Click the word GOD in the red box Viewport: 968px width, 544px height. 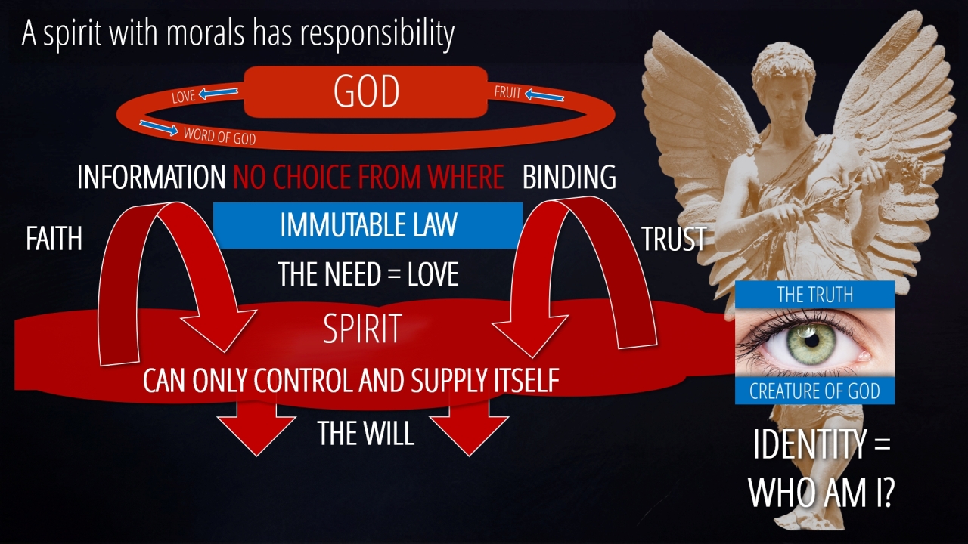[367, 91]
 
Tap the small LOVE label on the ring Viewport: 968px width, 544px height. [184, 96]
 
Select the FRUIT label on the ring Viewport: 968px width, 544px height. [507, 91]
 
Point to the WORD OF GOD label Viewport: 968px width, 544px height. [219, 136]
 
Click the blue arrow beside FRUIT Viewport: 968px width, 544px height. [544, 95]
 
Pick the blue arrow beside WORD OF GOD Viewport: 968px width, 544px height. [159, 128]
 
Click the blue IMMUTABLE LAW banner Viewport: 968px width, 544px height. [368, 225]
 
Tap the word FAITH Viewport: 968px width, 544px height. [54, 239]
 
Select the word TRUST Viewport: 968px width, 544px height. [674, 239]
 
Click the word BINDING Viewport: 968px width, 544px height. [569, 177]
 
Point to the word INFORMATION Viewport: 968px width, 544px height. [151, 177]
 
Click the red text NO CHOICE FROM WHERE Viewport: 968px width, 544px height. [368, 177]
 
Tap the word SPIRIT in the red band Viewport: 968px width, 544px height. [362, 329]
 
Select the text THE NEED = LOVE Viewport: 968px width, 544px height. [368, 274]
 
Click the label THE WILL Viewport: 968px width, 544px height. [366, 433]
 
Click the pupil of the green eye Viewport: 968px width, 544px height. [811, 341]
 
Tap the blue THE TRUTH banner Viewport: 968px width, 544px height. [815, 295]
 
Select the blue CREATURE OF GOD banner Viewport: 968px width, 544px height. [815, 391]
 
